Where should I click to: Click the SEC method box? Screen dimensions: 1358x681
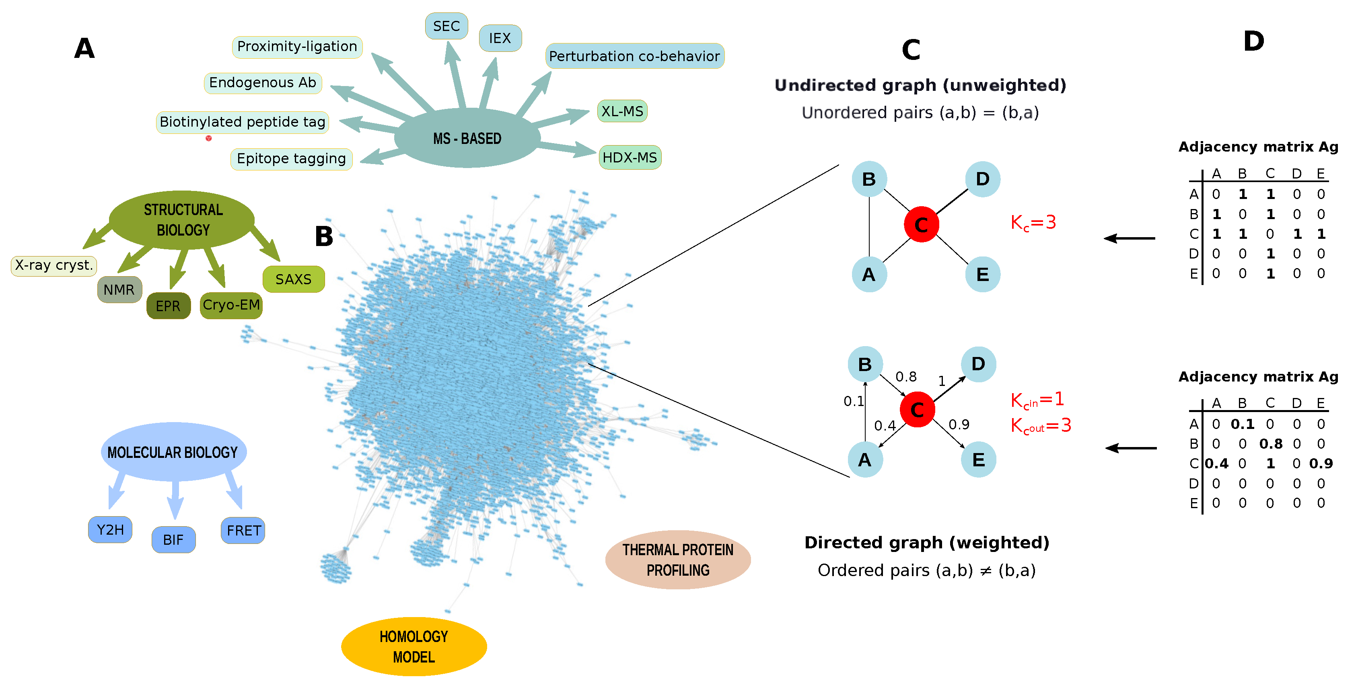[446, 26]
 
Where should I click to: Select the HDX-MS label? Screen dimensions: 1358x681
[630, 158]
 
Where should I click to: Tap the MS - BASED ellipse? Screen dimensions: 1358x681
[467, 139]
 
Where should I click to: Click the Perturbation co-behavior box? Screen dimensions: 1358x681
[634, 56]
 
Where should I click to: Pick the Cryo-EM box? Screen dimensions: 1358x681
[231, 305]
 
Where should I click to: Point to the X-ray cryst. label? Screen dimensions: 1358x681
[54, 265]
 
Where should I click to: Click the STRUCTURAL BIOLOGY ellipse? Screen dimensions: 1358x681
[182, 219]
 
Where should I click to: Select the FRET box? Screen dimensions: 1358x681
[243, 530]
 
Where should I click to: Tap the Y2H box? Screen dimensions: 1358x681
[110, 529]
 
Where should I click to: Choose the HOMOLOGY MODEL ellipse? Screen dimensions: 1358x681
[414, 646]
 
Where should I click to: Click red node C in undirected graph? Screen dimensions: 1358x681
[921, 224]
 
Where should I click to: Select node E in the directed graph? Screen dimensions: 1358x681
[978, 460]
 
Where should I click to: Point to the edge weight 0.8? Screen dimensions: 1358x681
[906, 377]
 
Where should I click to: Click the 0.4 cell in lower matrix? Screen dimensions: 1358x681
[1216, 464]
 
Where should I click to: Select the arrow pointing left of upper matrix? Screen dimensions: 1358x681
[1129, 238]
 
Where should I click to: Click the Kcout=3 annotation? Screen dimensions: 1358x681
[1041, 426]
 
